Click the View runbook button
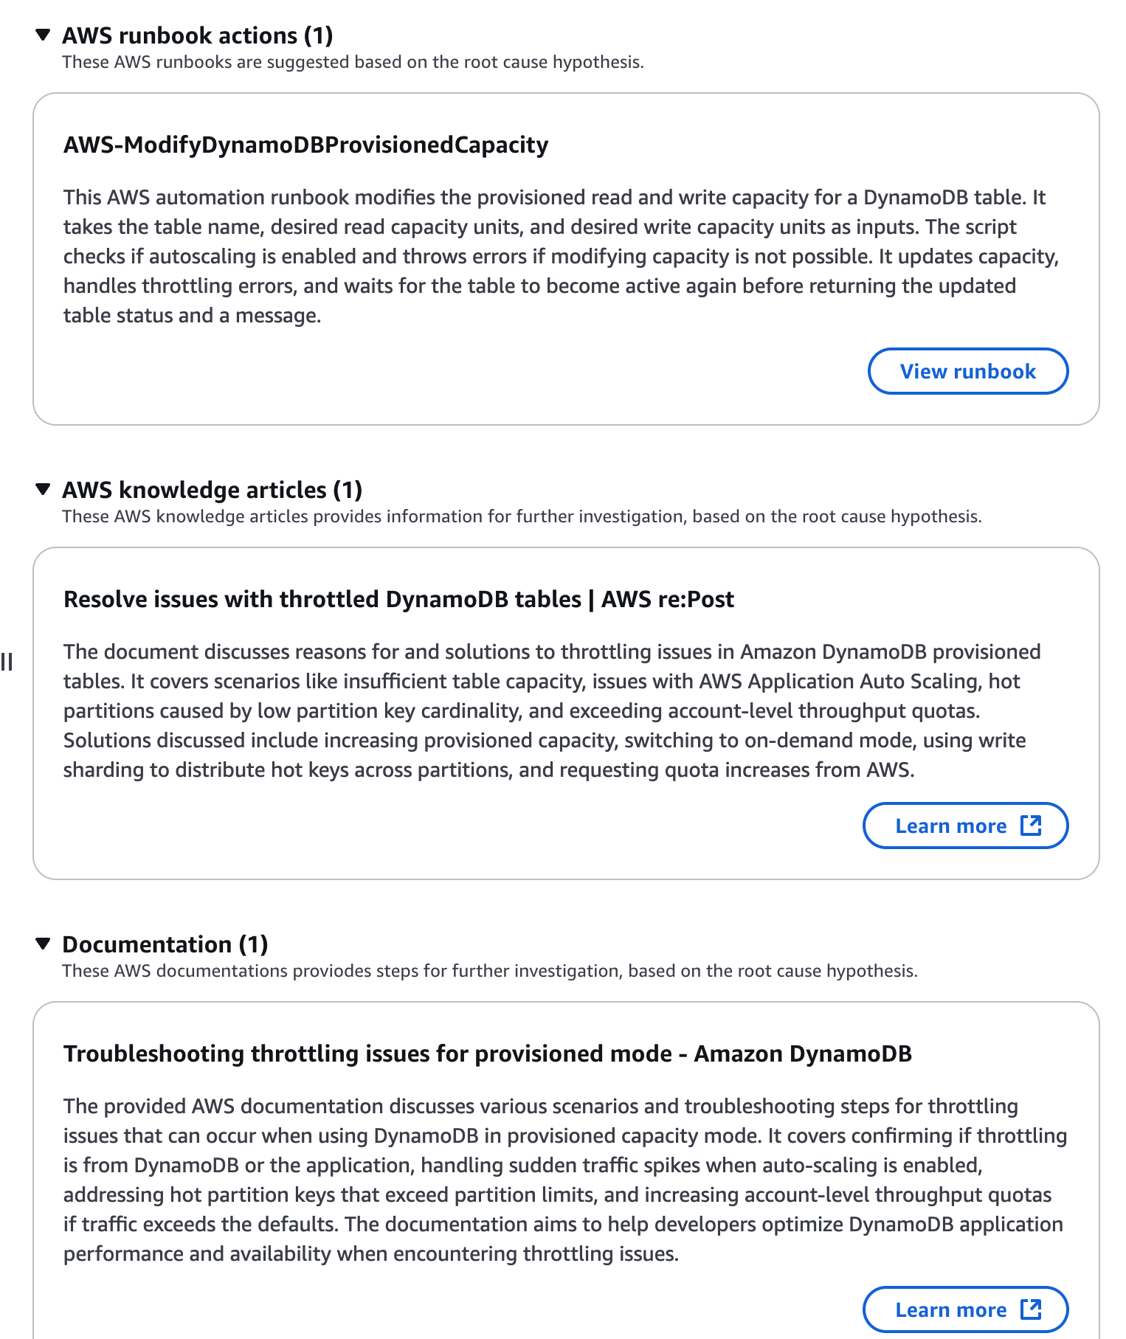click(967, 371)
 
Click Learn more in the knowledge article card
click(950, 826)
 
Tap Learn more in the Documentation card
click(950, 1309)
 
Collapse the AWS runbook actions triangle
click(44, 35)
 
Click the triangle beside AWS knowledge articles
click(44, 489)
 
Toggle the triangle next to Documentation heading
click(44, 944)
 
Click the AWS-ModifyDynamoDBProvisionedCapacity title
click(305, 145)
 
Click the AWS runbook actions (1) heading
click(197, 35)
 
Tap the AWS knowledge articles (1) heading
click(212, 490)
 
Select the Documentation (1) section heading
click(165, 944)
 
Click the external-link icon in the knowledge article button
click(1031, 825)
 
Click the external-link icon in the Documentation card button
click(1031, 1309)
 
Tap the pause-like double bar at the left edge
click(7, 662)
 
